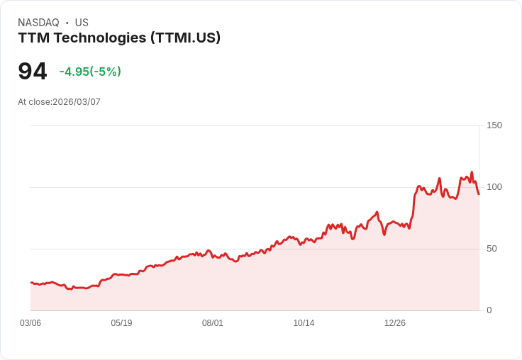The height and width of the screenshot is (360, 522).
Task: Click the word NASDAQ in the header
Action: pos(38,23)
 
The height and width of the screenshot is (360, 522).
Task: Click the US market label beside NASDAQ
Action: pos(82,23)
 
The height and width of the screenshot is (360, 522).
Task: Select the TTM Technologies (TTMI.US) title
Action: pos(119,38)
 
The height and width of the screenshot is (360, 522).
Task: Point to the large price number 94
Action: pos(33,71)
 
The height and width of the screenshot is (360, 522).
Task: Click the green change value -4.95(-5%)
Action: pos(90,72)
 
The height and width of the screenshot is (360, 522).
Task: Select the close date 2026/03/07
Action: pos(77,102)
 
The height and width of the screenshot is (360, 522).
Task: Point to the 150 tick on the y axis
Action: pos(494,125)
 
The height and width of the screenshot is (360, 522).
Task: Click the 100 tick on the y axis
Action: pos(494,187)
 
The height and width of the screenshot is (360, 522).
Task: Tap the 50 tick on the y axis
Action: pos(492,249)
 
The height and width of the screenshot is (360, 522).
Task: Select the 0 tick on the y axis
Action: pos(489,310)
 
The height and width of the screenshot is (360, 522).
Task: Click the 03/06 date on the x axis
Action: pos(30,323)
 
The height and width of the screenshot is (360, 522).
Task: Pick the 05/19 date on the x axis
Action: pos(121,323)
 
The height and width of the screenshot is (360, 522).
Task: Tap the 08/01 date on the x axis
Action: pos(213,323)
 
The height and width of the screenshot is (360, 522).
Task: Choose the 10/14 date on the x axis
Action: pos(304,323)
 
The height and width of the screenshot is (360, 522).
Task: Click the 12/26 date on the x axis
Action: pos(395,323)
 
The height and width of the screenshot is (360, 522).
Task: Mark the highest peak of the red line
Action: pos(472,172)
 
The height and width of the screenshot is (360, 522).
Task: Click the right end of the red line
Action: pos(479,194)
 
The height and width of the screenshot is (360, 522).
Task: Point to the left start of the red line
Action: pos(30,282)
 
